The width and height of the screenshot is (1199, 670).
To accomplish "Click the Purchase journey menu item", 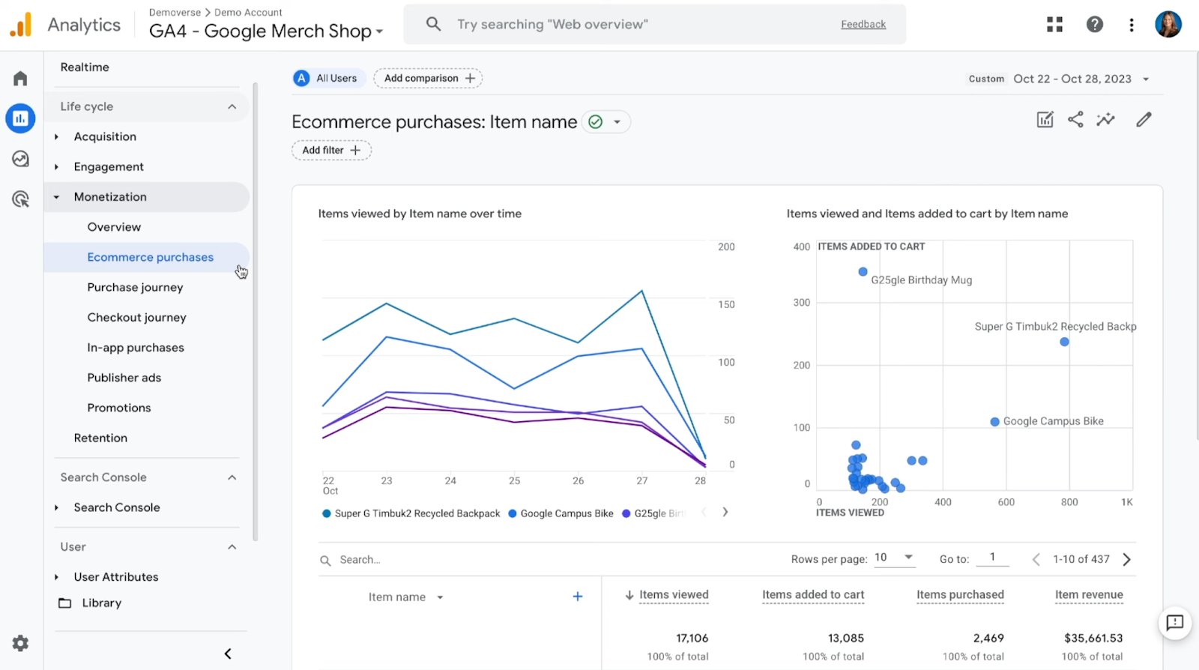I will tap(135, 287).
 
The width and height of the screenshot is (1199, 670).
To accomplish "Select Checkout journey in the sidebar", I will tap(136, 317).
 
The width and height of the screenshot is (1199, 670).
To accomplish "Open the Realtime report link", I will tap(85, 67).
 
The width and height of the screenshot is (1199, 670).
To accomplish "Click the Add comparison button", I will tap(428, 78).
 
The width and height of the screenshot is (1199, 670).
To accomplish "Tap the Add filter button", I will tap(331, 150).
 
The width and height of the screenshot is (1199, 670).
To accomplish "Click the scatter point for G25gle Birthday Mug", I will tap(863, 272).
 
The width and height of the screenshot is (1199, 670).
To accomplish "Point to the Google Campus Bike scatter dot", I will tap(994, 422).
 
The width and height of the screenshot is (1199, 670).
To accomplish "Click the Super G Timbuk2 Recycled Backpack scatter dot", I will tap(1064, 342).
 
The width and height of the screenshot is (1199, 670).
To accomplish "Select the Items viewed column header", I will tap(673, 595).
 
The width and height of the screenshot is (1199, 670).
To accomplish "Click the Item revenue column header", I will tap(1089, 595).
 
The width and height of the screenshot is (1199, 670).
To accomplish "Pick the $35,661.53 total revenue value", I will tap(1093, 639).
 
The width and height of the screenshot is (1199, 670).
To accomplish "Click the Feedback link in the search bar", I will tap(863, 24).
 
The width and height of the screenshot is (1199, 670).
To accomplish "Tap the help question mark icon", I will tap(1095, 24).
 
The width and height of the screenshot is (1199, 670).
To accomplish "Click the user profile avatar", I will tap(1168, 24).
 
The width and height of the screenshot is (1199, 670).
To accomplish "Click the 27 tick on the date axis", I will tap(642, 481).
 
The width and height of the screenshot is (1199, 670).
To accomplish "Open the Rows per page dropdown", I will tap(894, 558).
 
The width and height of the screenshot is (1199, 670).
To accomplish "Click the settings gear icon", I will tap(20, 643).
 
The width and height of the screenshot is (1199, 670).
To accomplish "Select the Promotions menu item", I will tap(119, 408).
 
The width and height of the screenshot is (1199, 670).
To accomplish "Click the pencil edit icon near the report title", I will tap(1144, 120).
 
